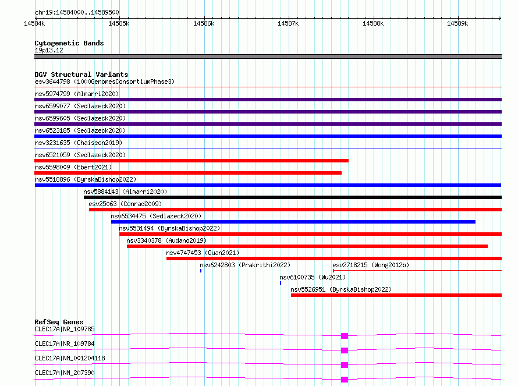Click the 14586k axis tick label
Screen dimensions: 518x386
coord(204,23)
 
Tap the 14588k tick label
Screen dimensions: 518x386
coord(373,23)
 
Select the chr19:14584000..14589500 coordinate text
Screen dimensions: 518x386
coord(77,12)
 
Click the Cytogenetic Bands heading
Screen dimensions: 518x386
coord(69,43)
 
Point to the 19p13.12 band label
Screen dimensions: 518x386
coord(49,50)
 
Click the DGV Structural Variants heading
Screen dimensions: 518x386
coord(81,75)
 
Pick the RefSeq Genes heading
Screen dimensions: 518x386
coord(59,322)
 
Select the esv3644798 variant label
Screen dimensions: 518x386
coord(52,82)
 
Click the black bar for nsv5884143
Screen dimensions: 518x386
coord(293,197)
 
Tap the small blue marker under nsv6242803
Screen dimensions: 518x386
coord(201,271)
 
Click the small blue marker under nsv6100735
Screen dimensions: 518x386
coord(281,283)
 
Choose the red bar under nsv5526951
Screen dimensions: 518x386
coord(396,295)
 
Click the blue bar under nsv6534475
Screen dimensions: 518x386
coord(293,222)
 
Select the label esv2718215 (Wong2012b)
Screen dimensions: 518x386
coord(371,265)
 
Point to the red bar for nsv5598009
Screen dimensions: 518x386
coord(188,173)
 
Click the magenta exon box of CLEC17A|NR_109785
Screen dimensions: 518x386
coord(345,336)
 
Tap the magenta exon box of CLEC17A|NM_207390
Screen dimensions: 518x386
coord(345,380)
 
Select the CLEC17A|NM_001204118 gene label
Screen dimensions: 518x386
coord(70,358)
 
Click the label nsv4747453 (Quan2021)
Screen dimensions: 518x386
coord(203,253)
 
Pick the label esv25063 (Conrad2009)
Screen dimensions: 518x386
coord(125,204)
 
